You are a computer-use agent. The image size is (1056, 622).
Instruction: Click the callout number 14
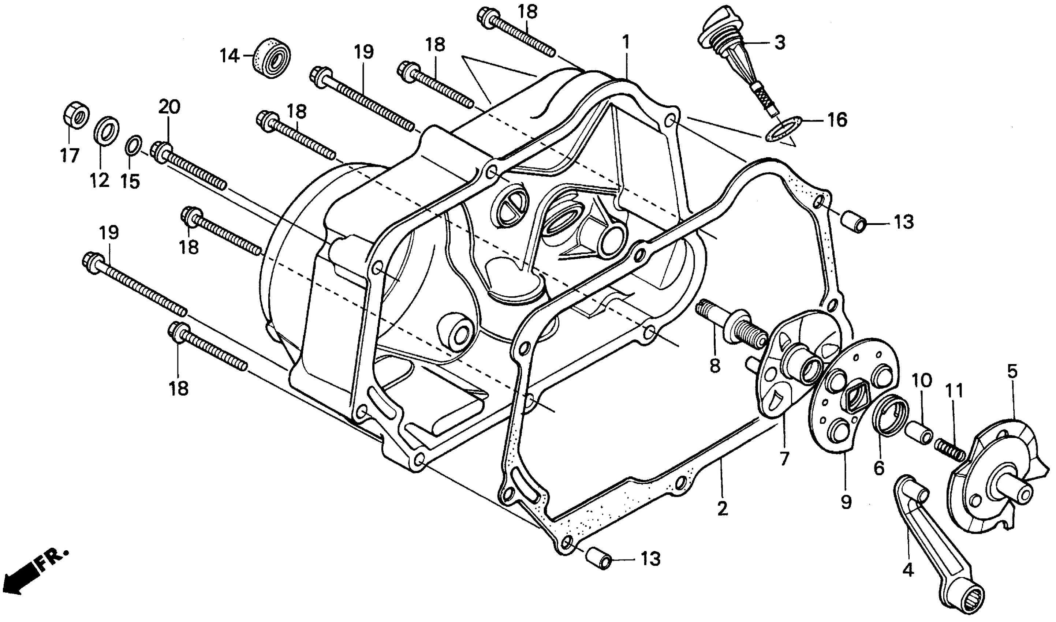[x=229, y=55]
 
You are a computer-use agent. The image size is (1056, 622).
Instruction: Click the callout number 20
[x=169, y=107]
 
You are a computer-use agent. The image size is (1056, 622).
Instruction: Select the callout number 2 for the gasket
[x=722, y=509]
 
